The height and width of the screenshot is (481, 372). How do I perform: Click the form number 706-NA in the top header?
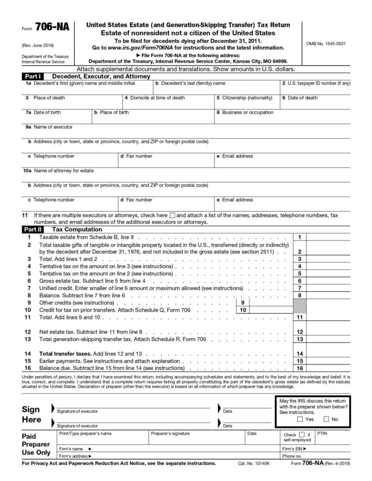(x=52, y=28)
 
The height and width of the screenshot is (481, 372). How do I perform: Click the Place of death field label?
(x=49, y=98)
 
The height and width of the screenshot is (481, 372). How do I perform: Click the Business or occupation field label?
(x=248, y=112)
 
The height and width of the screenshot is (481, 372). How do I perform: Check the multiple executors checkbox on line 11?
(x=172, y=214)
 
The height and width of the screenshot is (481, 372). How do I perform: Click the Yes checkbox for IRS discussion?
(x=300, y=419)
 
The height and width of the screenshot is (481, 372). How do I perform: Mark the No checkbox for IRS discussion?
(x=326, y=419)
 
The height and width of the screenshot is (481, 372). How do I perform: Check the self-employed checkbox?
(x=302, y=435)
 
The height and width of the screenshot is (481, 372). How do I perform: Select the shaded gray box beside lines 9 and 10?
(x=300, y=306)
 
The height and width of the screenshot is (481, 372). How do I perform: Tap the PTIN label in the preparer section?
(x=323, y=434)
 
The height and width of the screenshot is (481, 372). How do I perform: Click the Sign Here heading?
(x=31, y=414)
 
